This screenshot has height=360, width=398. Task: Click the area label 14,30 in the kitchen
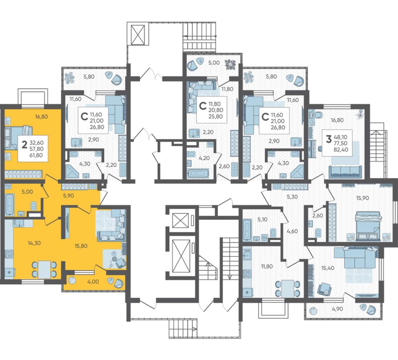[x=34, y=243]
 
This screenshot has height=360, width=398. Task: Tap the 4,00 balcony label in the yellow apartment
[x=93, y=282]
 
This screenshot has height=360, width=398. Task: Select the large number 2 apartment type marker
[x=24, y=145]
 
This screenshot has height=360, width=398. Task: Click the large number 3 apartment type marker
[x=328, y=139]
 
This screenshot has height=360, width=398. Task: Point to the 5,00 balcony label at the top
[x=214, y=63]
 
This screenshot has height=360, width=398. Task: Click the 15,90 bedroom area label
[x=362, y=198]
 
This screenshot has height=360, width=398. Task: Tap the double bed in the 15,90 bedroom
[x=368, y=226]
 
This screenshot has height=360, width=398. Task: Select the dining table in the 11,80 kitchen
[x=287, y=288]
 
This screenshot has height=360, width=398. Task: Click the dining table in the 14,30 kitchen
[x=44, y=269]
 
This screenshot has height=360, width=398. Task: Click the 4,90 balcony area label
[x=337, y=309]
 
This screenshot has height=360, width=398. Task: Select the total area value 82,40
[x=341, y=150]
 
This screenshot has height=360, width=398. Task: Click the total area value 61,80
[x=36, y=155]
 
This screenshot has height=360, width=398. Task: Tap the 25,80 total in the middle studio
[x=215, y=117]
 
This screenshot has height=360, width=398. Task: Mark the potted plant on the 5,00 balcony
[x=231, y=64]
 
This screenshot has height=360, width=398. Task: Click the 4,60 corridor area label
[x=292, y=231]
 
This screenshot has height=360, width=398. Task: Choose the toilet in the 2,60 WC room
[x=318, y=232]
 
